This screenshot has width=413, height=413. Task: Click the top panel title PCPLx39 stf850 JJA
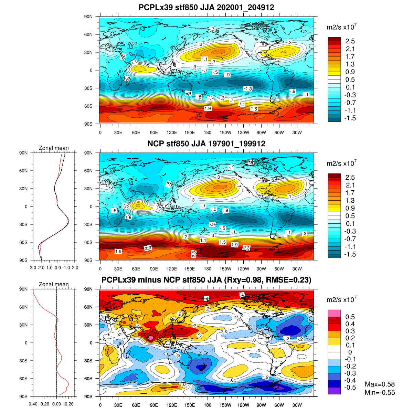[x=206, y=7]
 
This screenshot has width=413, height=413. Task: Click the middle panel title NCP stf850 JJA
[x=206, y=144]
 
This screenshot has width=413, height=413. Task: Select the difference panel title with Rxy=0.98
[x=206, y=280]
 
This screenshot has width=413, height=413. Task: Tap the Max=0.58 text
[x=380, y=384]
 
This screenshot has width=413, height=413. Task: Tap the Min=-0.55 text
[x=380, y=393]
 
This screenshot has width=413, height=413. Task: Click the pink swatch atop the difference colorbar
[x=334, y=313]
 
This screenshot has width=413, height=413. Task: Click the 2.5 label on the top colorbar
[x=350, y=41]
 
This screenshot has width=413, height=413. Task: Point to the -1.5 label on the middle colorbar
[x=350, y=254]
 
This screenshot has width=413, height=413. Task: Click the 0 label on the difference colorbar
[x=350, y=352]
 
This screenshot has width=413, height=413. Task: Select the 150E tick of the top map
[x=190, y=133]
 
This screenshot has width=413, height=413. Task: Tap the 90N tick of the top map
[x=88, y=17]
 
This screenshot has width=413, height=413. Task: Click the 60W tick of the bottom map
[x=279, y=405]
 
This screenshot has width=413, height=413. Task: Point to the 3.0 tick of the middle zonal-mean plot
[x=33, y=267]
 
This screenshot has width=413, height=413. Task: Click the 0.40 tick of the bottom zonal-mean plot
[x=33, y=404]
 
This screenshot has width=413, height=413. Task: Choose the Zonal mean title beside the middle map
[x=54, y=148]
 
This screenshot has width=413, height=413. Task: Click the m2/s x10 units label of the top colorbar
[x=341, y=27]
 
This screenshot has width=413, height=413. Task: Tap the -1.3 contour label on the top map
[x=248, y=89]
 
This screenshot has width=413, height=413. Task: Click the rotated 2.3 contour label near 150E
[x=194, y=254]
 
